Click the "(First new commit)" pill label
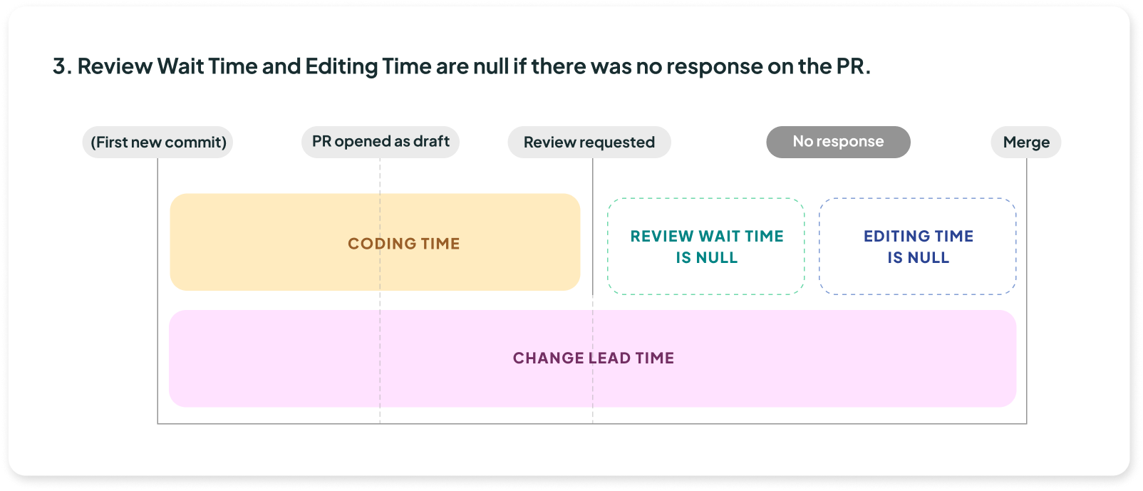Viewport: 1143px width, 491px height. [x=157, y=142]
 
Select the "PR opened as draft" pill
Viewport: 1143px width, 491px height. [x=380, y=142]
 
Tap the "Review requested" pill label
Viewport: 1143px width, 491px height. [x=589, y=142]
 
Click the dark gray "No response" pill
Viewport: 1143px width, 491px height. [x=839, y=142]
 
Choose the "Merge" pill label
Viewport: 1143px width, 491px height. [x=1026, y=142]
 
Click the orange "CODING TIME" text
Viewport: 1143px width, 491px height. [x=403, y=244]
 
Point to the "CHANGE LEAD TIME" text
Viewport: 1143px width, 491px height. [x=594, y=358]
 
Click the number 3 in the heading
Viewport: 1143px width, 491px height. [x=59, y=66]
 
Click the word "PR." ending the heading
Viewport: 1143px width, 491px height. [x=853, y=66]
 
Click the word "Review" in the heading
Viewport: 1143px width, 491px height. [x=115, y=66]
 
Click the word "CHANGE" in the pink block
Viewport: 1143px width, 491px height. [x=548, y=358]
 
